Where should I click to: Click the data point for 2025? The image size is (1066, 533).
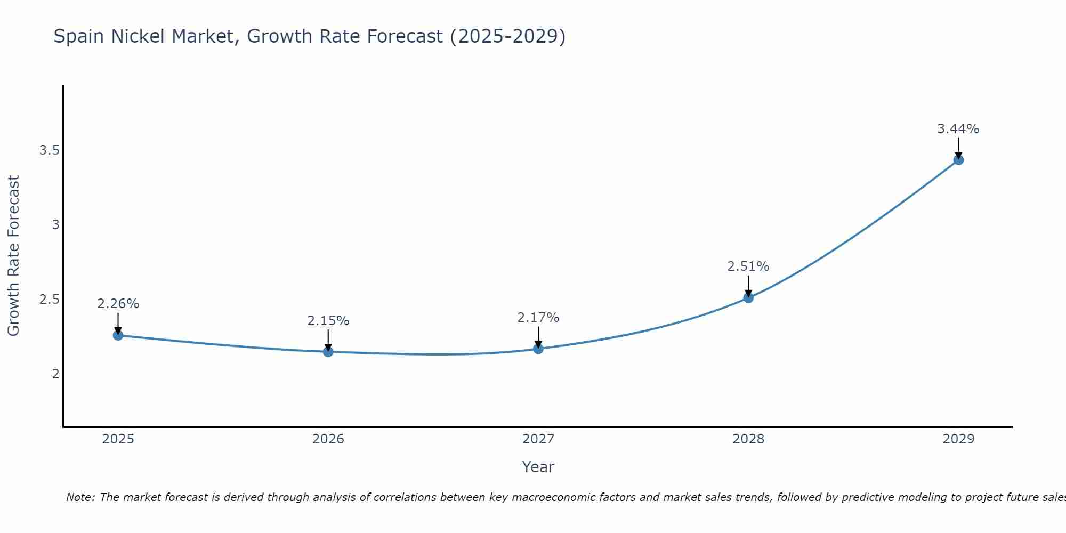(118, 335)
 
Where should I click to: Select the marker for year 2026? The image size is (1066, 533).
(328, 352)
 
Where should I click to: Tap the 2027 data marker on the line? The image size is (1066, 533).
(538, 349)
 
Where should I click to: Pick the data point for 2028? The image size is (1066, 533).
(748, 298)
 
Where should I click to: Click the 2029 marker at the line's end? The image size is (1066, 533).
(958, 160)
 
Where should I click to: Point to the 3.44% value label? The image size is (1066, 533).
(958, 129)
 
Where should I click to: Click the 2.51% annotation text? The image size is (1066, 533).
(748, 266)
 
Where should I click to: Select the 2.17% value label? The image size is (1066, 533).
(538, 318)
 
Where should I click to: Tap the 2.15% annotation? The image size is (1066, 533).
(328, 321)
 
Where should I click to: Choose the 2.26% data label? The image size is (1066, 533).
(118, 304)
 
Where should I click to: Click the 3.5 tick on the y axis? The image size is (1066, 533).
(49, 150)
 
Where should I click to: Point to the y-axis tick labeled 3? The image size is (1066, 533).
(55, 225)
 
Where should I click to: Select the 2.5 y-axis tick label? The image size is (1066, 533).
(49, 300)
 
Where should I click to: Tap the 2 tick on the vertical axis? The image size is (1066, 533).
(55, 374)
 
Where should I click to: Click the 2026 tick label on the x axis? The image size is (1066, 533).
(328, 439)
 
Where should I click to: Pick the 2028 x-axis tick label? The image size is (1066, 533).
(748, 439)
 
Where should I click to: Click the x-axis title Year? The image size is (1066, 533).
(538, 467)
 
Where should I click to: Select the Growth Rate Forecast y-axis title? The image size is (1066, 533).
(13, 256)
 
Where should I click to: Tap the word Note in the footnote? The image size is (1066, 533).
(80, 497)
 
